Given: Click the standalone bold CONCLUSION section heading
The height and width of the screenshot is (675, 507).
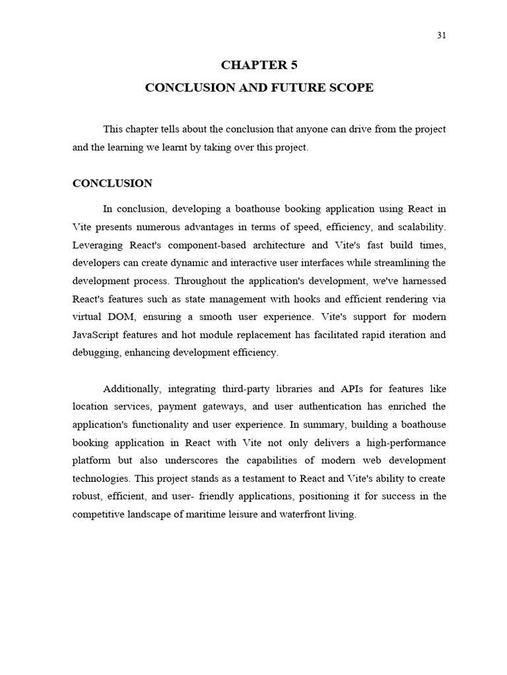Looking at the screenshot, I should (x=112, y=183).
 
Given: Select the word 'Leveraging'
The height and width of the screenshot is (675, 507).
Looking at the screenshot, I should (x=99, y=245).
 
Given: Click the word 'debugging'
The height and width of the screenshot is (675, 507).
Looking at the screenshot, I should (x=94, y=353).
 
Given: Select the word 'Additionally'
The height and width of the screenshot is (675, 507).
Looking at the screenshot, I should (x=133, y=388).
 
